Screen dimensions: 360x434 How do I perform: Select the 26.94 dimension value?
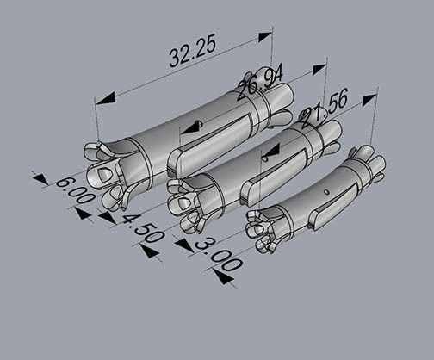pos(259,82)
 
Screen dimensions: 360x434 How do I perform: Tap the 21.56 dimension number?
pos(324,109)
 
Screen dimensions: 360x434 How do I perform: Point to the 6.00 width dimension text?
pos(75,190)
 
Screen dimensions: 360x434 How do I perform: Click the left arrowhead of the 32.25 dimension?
pos(105,99)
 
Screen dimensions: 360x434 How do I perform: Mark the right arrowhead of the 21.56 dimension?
pos(369,100)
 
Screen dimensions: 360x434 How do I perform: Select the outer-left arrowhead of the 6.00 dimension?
pos(40,178)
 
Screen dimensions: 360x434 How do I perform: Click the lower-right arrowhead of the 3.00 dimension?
pos(223,277)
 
